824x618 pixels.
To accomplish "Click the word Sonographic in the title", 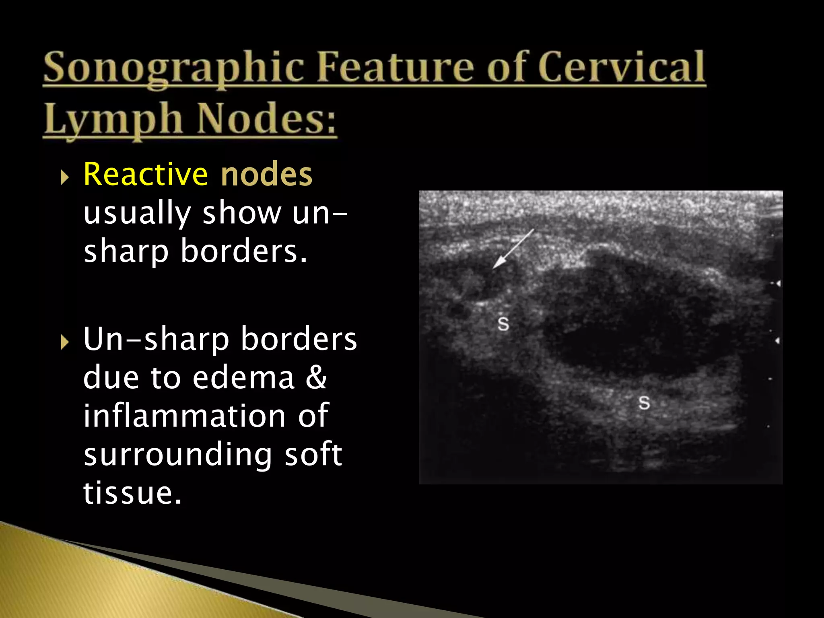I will pos(173,68).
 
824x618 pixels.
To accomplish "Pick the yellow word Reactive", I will pos(146,175).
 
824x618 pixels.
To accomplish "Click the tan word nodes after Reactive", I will pos(266,175).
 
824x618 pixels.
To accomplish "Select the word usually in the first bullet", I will pos(137,213).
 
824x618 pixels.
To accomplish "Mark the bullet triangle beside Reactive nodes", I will pos(64,177).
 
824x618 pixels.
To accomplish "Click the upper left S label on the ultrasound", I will pos(503,323).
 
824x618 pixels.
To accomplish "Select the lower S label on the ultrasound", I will pos(644,402).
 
